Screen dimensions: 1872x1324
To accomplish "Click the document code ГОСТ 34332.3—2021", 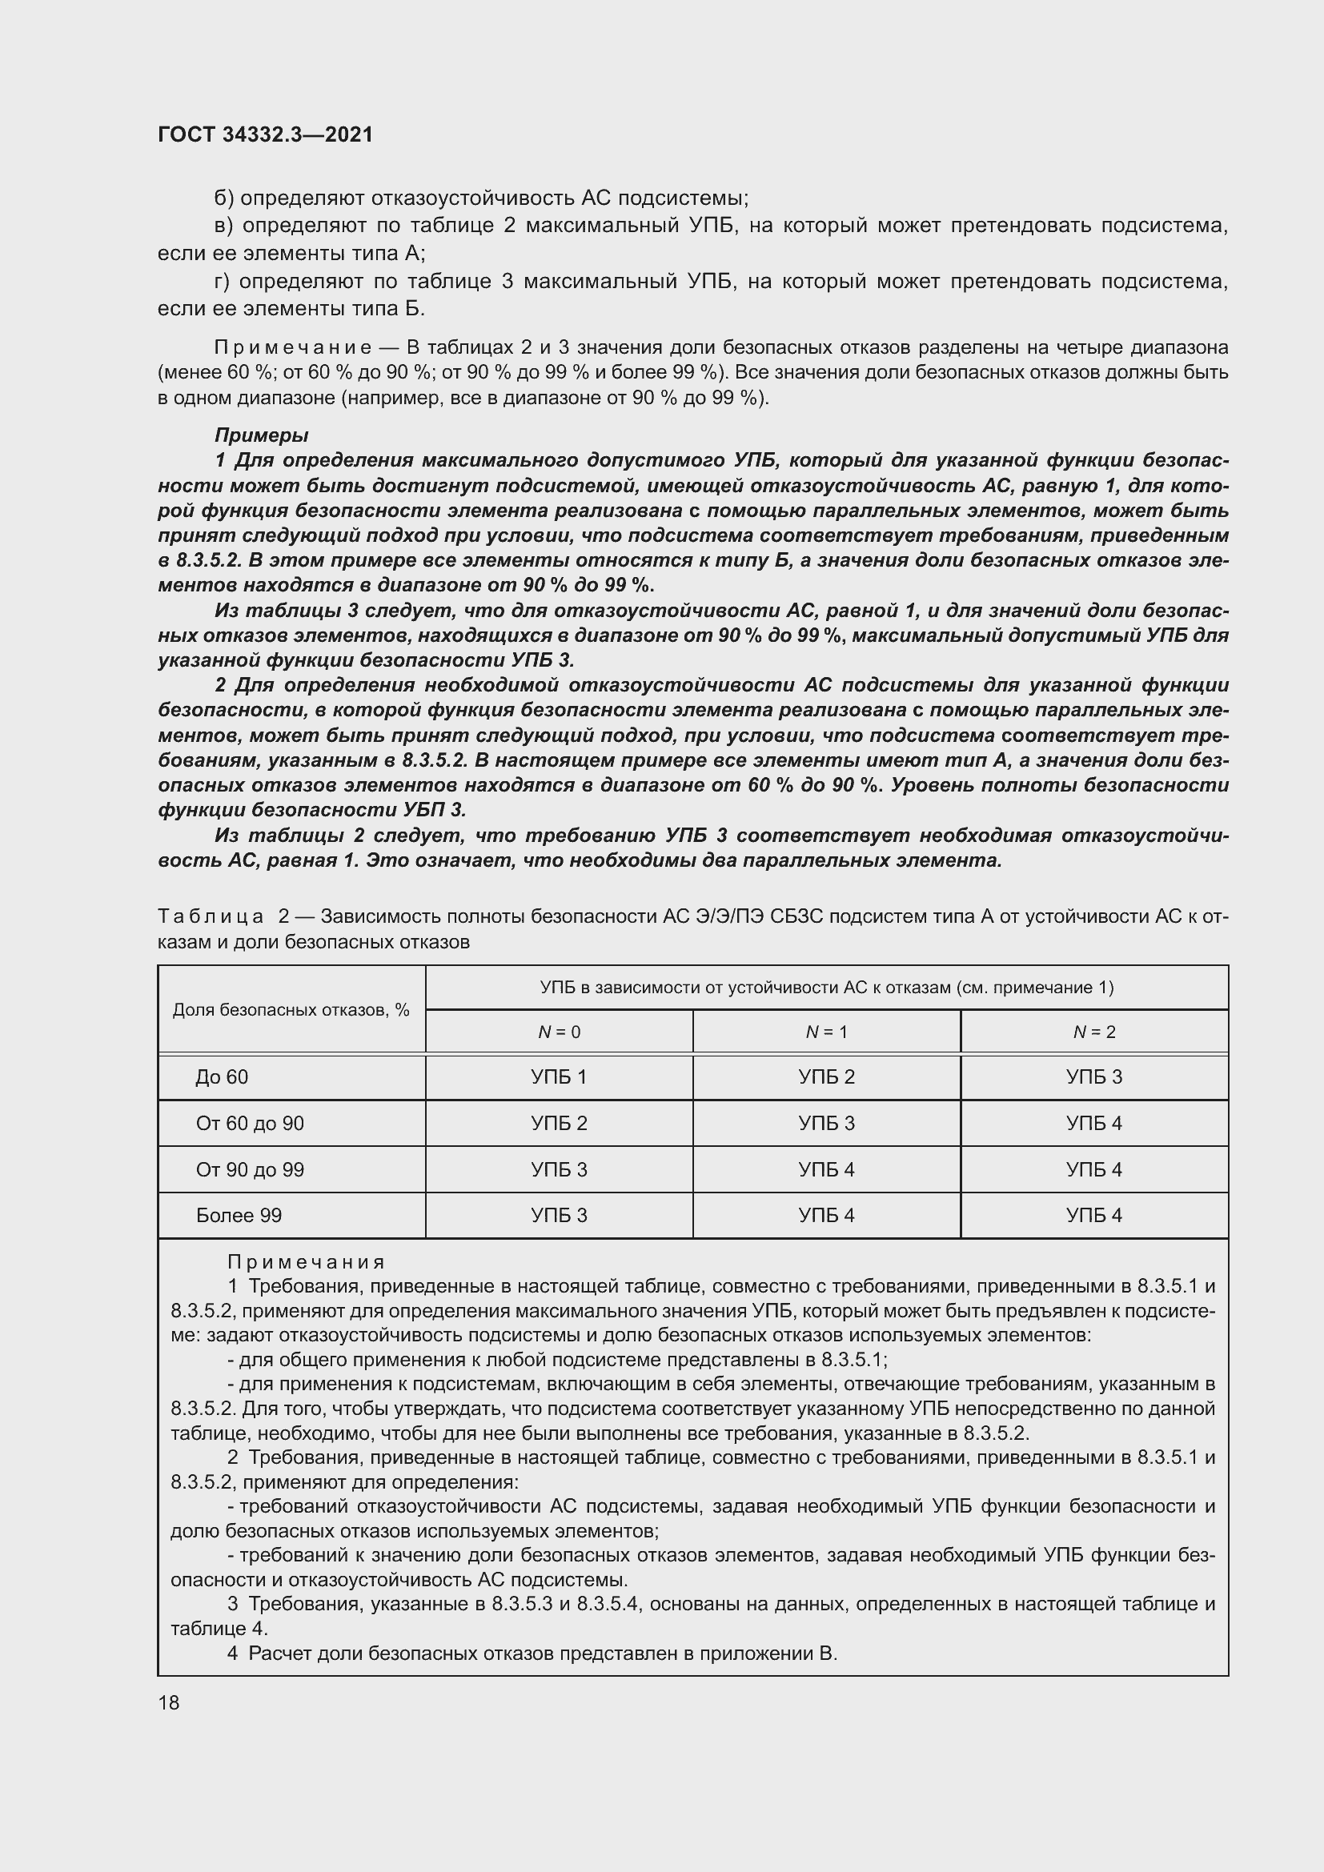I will click(x=265, y=134).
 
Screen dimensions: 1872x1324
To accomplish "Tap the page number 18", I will click(x=169, y=1702).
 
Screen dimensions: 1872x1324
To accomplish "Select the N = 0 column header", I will click(x=559, y=1032).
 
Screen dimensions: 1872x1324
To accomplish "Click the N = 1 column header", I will click(x=826, y=1032).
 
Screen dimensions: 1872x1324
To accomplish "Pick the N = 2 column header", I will click(x=1094, y=1032).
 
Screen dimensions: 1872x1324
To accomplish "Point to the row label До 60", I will click(x=222, y=1077).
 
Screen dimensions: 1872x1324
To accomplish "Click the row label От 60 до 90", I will click(x=250, y=1124).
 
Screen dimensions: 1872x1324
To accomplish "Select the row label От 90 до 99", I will click(x=250, y=1170).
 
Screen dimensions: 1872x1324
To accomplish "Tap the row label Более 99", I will click(x=239, y=1216).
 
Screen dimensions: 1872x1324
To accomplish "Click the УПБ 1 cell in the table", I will click(x=559, y=1077).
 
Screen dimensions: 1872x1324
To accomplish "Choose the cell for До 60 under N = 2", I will click(x=1094, y=1077).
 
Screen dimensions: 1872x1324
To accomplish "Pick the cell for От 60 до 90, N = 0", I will click(x=559, y=1124).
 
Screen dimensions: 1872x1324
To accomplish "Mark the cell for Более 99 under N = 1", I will click(x=826, y=1216).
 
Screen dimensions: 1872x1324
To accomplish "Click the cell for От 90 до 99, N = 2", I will click(x=1094, y=1170).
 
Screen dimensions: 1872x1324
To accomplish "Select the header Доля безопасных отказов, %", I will click(x=291, y=1010).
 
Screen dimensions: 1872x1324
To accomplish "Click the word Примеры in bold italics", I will click(x=261, y=435).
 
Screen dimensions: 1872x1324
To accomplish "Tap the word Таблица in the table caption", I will click(x=211, y=916).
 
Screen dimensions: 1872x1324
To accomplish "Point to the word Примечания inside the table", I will click(x=306, y=1263).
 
